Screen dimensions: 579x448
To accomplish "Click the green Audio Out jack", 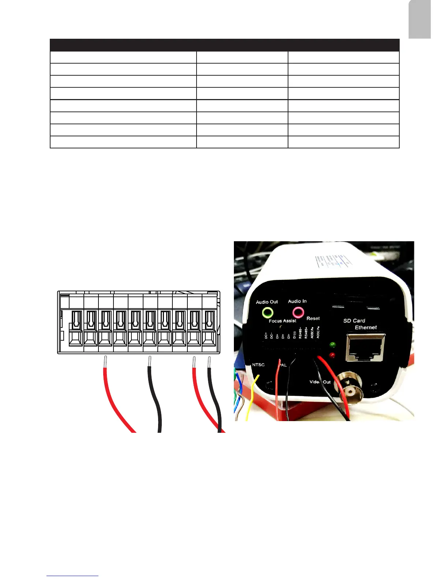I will click(x=268, y=313).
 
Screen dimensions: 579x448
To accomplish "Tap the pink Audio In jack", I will click(x=298, y=312).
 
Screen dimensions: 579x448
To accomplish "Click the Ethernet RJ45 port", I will click(x=365, y=348).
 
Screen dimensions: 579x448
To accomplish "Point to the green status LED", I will click(x=333, y=345).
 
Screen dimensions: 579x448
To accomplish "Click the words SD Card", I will click(x=354, y=321).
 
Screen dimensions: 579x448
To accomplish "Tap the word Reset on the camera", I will click(x=313, y=318).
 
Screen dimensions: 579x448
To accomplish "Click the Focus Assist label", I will click(x=282, y=321).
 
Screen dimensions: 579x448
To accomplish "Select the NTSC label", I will click(x=258, y=365).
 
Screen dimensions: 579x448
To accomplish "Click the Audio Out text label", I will click(x=267, y=302).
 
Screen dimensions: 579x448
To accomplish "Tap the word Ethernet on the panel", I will click(x=366, y=328).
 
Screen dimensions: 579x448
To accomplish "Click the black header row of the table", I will click(x=224, y=45).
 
